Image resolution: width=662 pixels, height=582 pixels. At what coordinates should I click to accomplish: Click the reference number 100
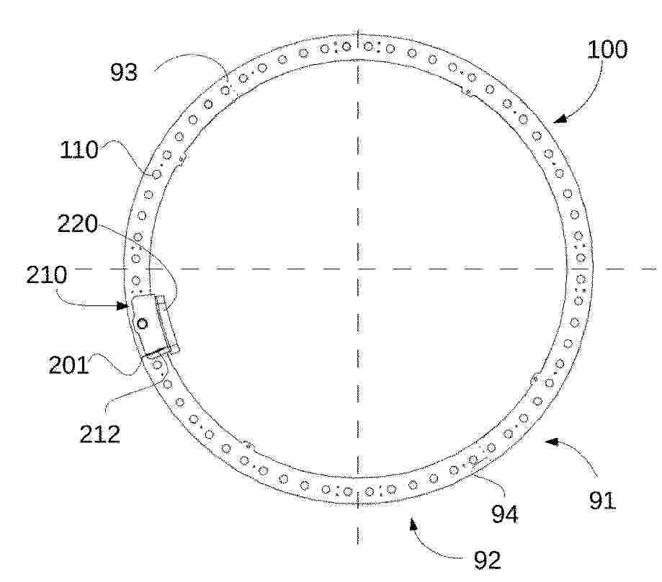click(x=607, y=50)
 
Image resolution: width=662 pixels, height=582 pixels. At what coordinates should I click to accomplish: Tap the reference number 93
click(x=124, y=72)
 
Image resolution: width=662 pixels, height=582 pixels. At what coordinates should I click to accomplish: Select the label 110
click(x=79, y=150)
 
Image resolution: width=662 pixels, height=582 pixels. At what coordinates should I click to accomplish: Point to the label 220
click(x=77, y=224)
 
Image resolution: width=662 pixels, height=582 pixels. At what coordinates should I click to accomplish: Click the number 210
click(x=46, y=274)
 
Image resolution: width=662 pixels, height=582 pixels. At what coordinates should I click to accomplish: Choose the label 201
click(x=69, y=364)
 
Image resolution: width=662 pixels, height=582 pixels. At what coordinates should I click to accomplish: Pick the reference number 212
click(x=100, y=434)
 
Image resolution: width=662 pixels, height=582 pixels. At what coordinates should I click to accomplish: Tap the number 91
click(x=602, y=501)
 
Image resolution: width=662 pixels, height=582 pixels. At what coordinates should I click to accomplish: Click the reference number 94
click(x=504, y=514)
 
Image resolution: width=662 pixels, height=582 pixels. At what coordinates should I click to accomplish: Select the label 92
click(x=488, y=560)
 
